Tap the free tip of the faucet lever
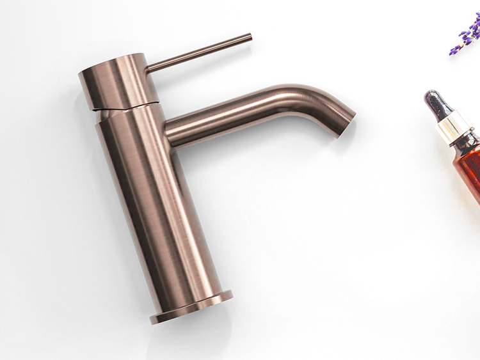tap(250, 37)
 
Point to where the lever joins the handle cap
tap(148, 67)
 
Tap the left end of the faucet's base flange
tap(154, 318)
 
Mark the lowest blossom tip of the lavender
tap(453, 52)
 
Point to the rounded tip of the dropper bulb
tap(429, 95)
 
